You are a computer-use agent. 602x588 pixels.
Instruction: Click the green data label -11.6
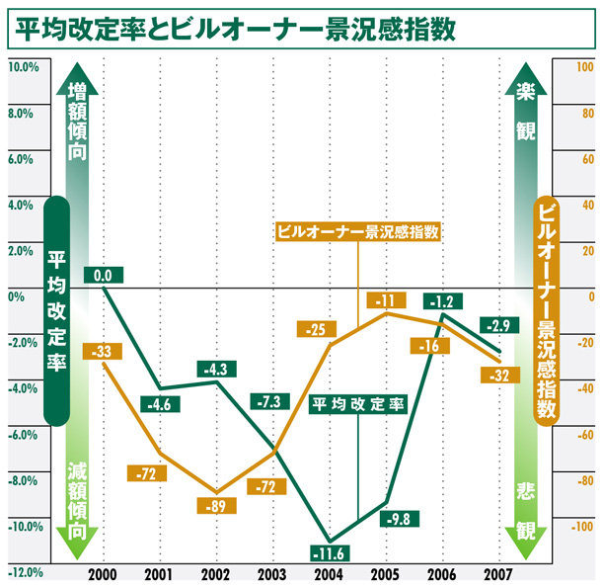click(329, 551)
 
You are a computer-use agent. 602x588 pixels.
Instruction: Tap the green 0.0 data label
click(103, 275)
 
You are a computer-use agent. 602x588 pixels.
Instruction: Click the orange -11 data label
click(385, 300)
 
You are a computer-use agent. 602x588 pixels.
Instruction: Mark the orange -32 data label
click(496, 375)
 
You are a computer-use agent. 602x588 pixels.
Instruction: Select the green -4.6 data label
click(159, 403)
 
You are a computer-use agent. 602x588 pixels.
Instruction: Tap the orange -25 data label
click(316, 329)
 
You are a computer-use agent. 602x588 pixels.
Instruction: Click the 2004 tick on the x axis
click(328, 573)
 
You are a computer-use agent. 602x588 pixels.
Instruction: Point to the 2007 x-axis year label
click(496, 573)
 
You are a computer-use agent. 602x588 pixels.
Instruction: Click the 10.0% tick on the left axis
click(24, 67)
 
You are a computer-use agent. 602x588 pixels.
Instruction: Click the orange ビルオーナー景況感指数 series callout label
click(357, 232)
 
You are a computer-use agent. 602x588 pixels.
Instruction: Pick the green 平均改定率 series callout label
click(358, 404)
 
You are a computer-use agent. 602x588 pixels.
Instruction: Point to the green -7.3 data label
click(269, 402)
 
